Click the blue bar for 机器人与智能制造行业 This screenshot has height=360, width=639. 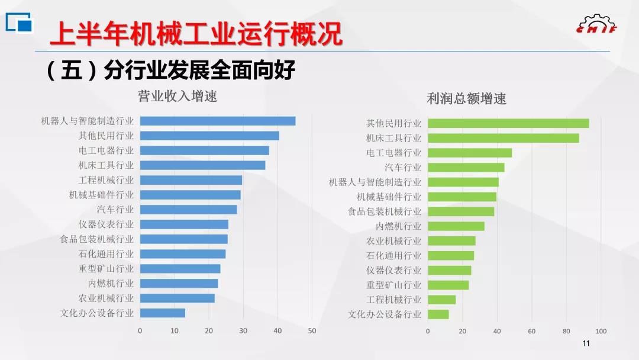point(217,121)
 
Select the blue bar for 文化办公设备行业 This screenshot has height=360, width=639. point(162,313)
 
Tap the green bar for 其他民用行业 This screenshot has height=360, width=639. point(508,123)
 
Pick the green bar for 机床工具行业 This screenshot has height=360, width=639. point(503,138)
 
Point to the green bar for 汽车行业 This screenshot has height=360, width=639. point(466,168)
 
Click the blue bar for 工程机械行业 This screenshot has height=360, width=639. point(191,180)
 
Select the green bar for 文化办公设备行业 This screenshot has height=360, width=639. point(438,314)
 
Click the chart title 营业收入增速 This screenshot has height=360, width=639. point(177,96)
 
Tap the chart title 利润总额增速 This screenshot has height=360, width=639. point(466,99)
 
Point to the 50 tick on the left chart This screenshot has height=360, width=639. point(312,330)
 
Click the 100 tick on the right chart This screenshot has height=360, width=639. point(601,331)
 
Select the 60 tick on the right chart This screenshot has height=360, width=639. point(532,331)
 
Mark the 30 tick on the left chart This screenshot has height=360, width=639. point(243,330)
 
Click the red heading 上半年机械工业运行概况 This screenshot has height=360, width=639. point(195,34)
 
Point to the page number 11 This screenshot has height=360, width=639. point(586,344)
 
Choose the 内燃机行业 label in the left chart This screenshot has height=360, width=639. point(111,284)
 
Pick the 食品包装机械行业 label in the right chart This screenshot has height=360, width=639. point(385,211)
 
